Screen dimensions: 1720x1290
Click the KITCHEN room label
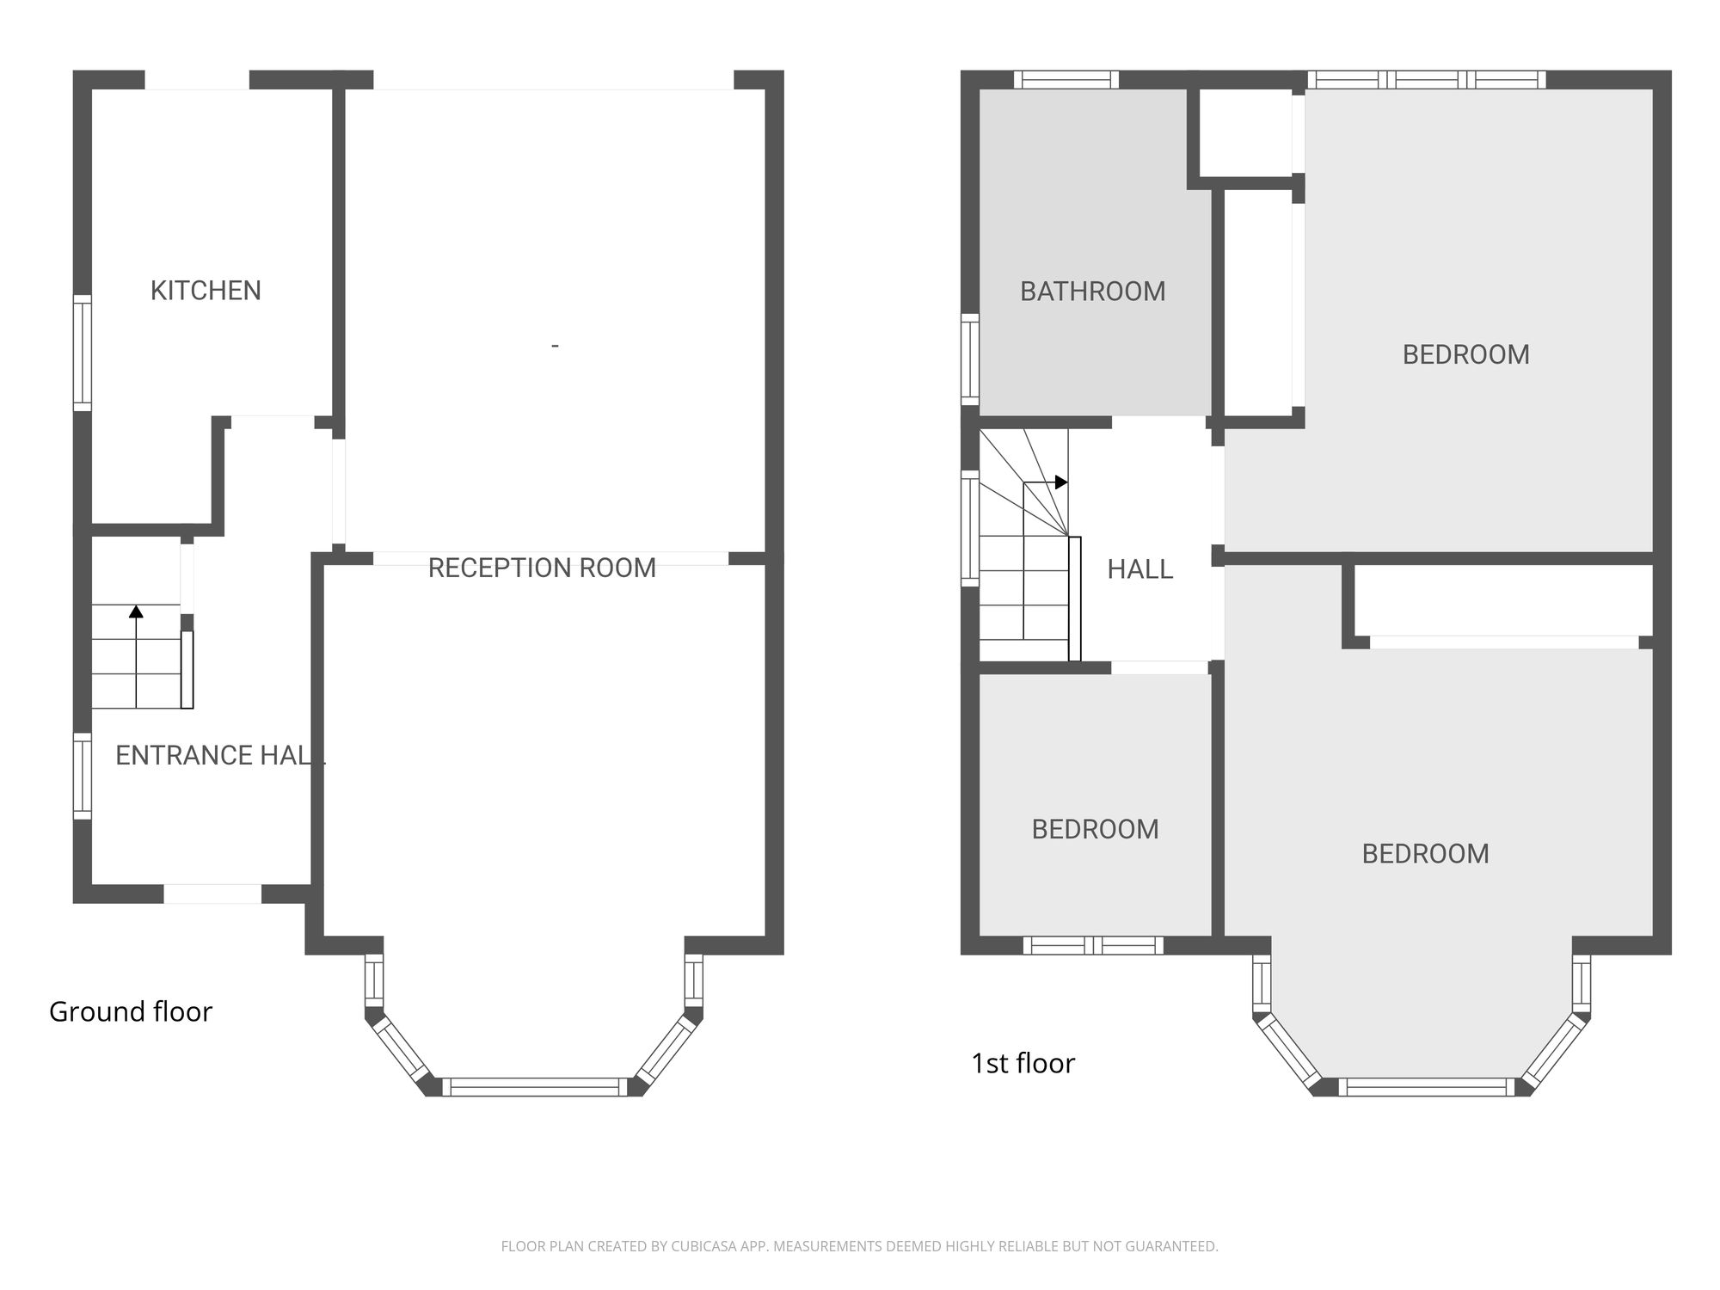pyautogui.click(x=206, y=291)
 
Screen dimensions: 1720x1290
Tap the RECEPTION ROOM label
pyautogui.click(x=542, y=568)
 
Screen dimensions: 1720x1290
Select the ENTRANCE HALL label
pyautogui.click(x=220, y=755)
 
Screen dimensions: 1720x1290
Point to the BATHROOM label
pyautogui.click(x=1093, y=292)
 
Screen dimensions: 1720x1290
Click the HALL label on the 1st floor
pyautogui.click(x=1139, y=569)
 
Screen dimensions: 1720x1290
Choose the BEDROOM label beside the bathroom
pyautogui.click(x=1466, y=354)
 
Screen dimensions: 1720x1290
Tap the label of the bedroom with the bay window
pyautogui.click(x=1425, y=853)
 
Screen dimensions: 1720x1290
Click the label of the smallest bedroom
pyautogui.click(x=1095, y=829)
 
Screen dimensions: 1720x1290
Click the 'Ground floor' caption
pyautogui.click(x=131, y=1011)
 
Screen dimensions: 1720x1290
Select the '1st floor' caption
pyautogui.click(x=1023, y=1064)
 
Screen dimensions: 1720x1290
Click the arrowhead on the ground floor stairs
pyautogui.click(x=136, y=611)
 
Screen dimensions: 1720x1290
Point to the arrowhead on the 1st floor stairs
pyautogui.click(x=1061, y=482)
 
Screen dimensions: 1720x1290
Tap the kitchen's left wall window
pyautogui.click(x=83, y=353)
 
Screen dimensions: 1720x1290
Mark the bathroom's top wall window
pyautogui.click(x=1066, y=80)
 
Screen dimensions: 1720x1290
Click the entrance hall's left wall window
pyautogui.click(x=83, y=776)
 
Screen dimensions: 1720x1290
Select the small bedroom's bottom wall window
pyautogui.click(x=1093, y=945)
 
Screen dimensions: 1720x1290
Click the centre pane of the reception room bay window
pyautogui.click(x=535, y=1086)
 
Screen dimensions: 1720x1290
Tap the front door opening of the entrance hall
pyautogui.click(x=212, y=894)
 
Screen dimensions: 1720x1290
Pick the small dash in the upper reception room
pyautogui.click(x=555, y=346)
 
